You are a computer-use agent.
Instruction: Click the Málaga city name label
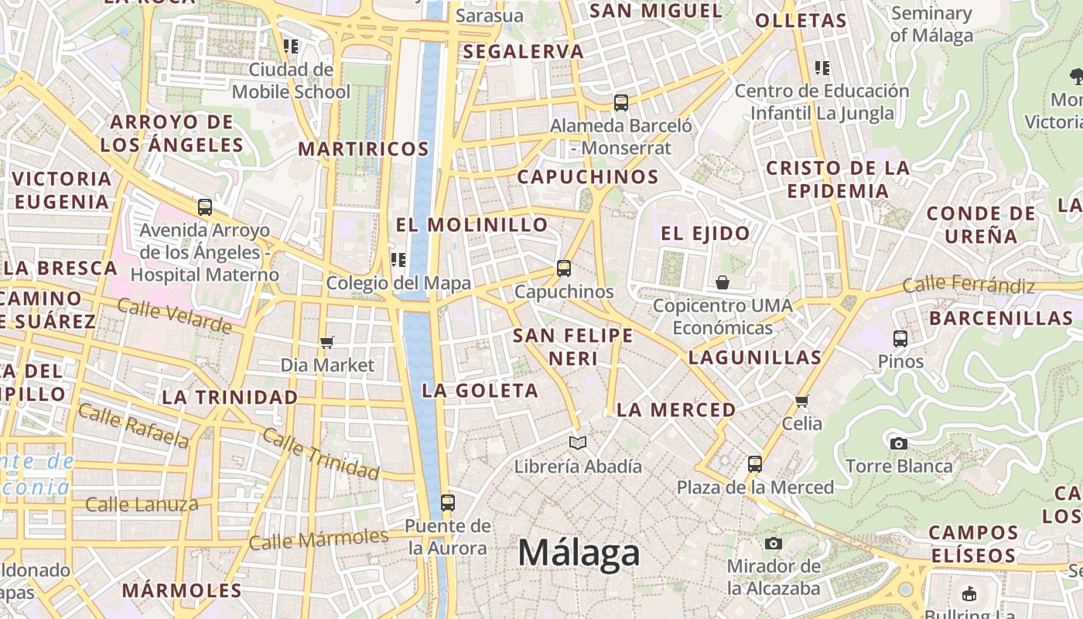point(579,553)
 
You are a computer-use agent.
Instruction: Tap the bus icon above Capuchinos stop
point(564,268)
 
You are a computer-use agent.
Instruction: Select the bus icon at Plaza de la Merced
point(755,464)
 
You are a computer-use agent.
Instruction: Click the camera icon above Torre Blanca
point(898,443)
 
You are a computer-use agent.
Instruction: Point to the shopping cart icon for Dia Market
point(327,342)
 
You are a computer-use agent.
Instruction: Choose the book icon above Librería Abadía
point(578,443)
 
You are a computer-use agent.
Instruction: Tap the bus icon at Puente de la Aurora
point(447,502)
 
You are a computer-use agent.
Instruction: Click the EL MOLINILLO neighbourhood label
point(472,225)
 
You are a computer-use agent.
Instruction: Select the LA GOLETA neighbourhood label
point(480,391)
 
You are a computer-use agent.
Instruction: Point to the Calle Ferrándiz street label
point(969,285)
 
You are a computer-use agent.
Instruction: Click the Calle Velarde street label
point(174,316)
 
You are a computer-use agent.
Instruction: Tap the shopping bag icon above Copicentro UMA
point(722,282)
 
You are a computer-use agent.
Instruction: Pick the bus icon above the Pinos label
point(900,338)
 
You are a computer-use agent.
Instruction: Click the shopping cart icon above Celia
point(802,401)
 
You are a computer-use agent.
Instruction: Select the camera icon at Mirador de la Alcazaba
point(773,543)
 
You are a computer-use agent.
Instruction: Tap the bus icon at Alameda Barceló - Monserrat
point(620,102)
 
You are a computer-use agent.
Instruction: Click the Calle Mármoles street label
point(319,539)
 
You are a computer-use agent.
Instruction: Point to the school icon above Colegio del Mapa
point(398,260)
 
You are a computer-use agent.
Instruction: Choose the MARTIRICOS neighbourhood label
point(364,149)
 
